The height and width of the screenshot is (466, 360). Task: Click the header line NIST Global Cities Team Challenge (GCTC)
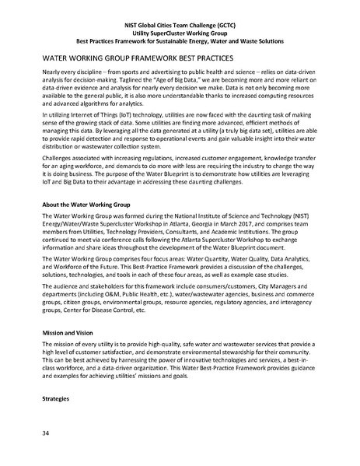pyautogui.click(x=180, y=13)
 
